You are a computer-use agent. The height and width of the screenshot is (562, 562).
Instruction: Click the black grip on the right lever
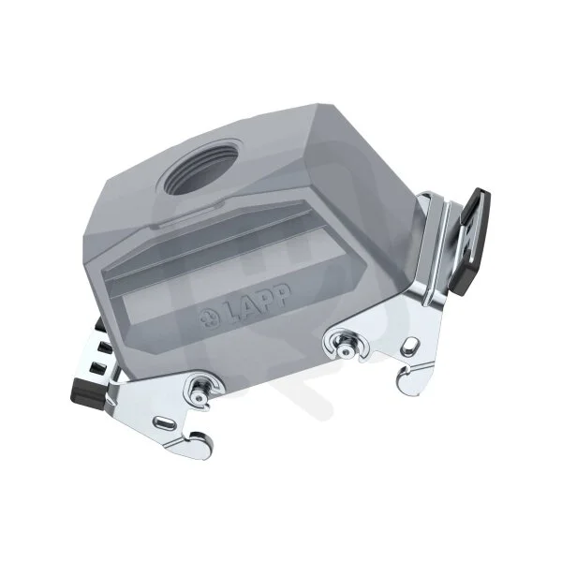pyautogui.click(x=472, y=241)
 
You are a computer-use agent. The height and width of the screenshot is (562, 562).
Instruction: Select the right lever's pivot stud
pyautogui.click(x=345, y=348)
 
